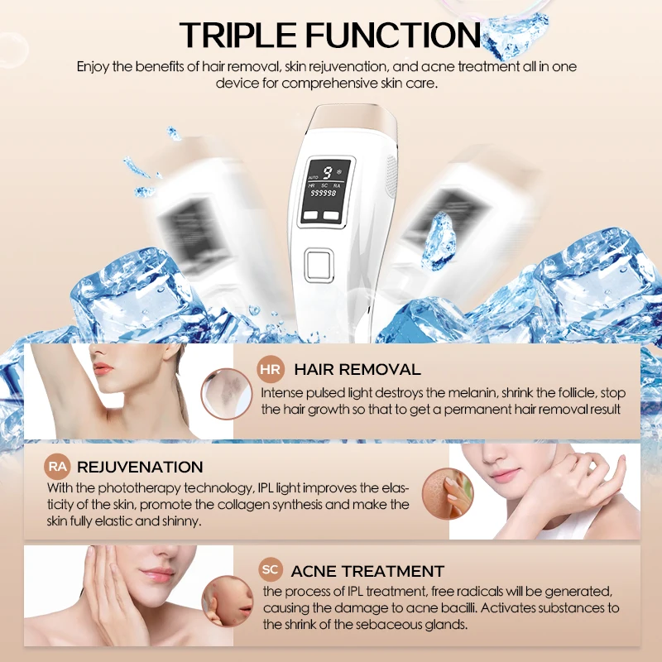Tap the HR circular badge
pos(271,369)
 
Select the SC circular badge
pos(270,570)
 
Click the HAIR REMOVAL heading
pos(357,369)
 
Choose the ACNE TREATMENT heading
pos(367,571)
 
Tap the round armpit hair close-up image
pos(223,393)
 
